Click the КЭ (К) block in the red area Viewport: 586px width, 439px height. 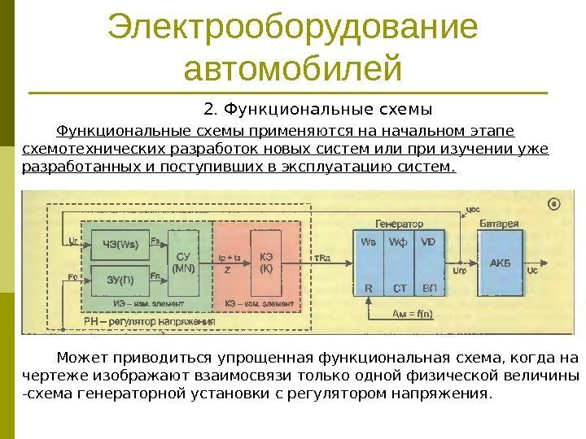(x=266, y=260)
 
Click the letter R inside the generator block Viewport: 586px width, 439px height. (x=368, y=287)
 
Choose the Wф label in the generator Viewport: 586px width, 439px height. (x=398, y=241)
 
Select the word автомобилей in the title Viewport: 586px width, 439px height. (x=292, y=68)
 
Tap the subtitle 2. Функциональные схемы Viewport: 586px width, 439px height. (x=317, y=109)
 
